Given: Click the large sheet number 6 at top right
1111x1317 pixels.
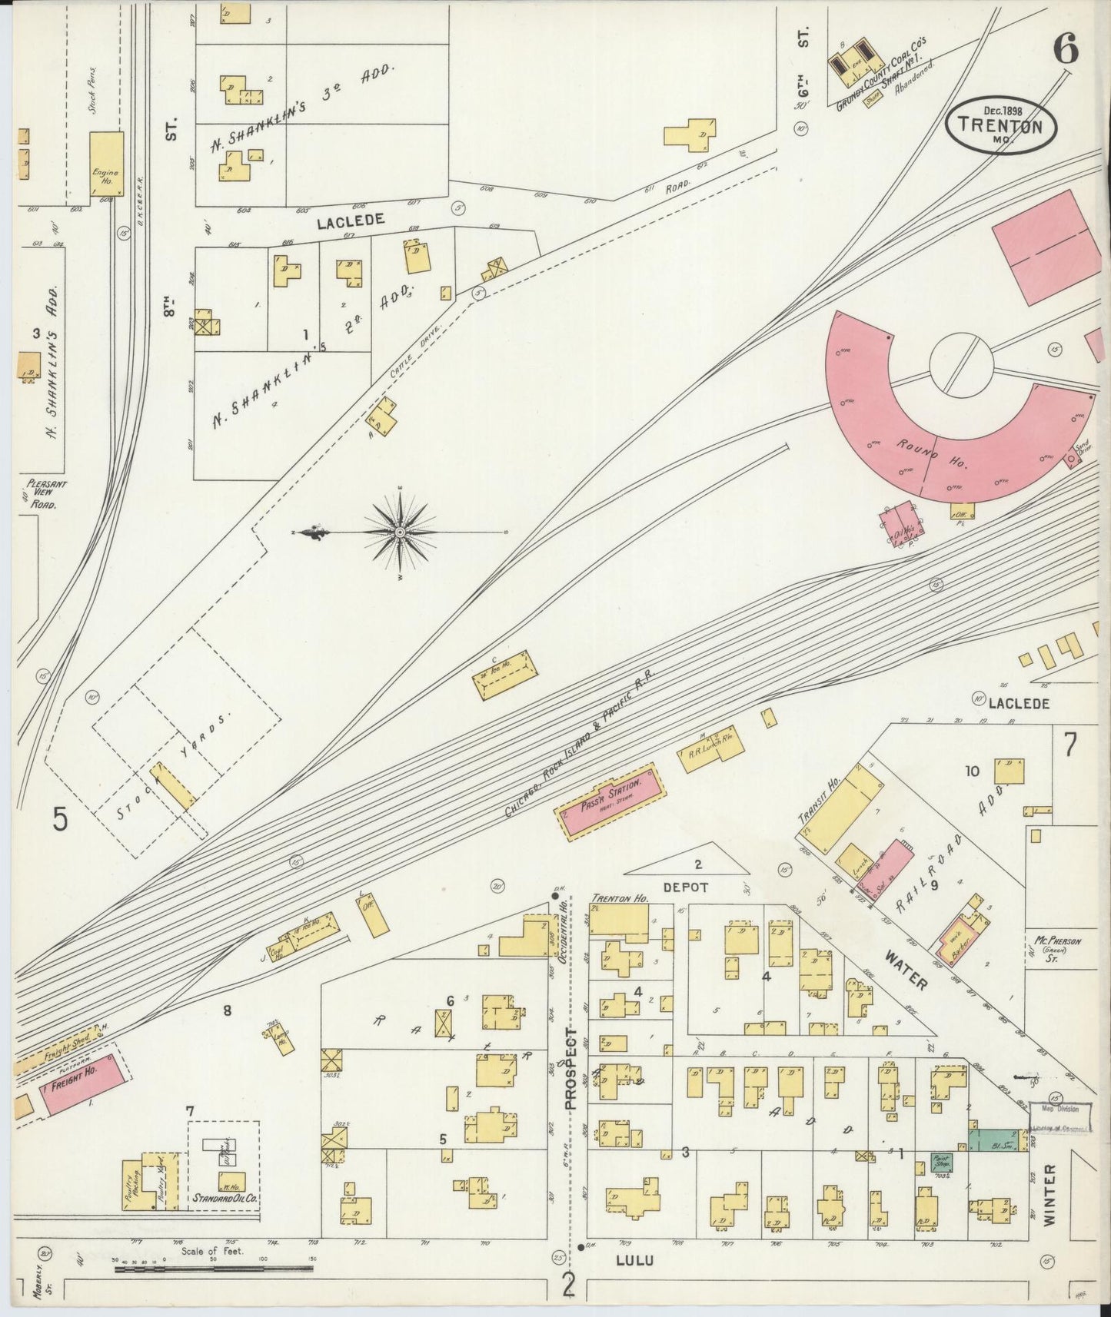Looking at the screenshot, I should pyautogui.click(x=1066, y=51).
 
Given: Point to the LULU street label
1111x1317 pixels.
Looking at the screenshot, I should pyautogui.click(x=634, y=1260).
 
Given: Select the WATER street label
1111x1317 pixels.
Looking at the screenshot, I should pyautogui.click(x=905, y=969).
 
